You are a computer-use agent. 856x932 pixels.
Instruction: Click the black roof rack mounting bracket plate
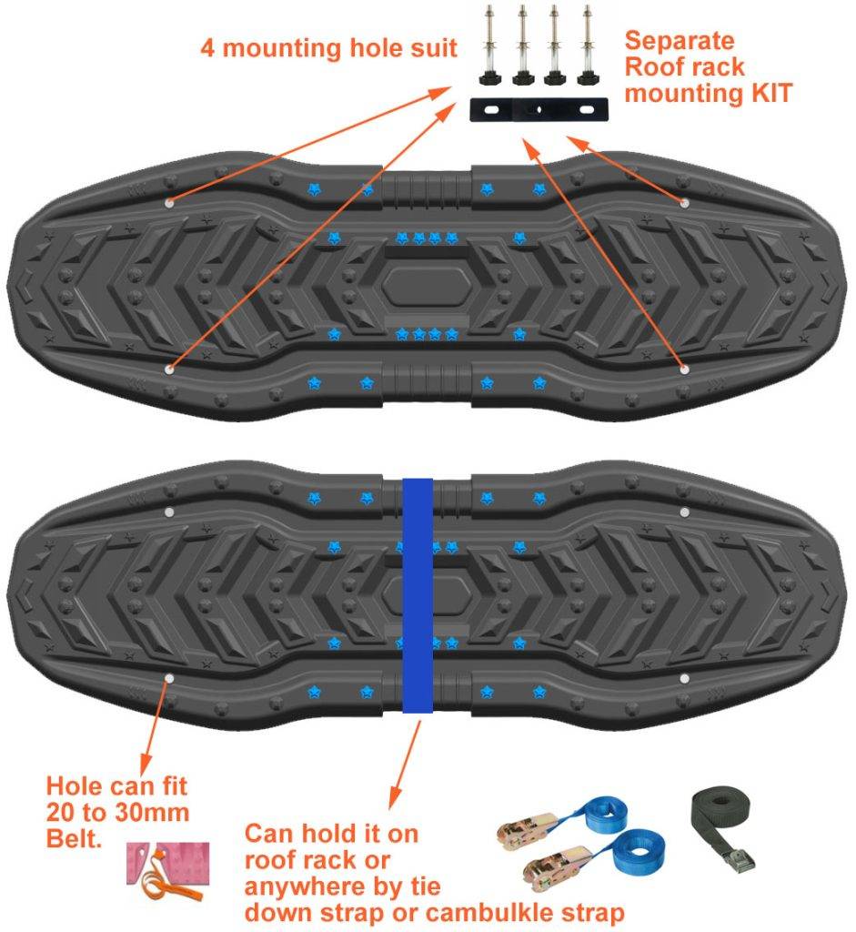(539, 110)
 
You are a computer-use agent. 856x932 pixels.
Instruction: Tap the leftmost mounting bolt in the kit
(490, 46)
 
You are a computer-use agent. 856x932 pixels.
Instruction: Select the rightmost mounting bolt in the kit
(588, 46)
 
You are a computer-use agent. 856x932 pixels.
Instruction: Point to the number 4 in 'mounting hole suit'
(207, 48)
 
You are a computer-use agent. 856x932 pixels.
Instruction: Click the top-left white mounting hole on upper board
(169, 203)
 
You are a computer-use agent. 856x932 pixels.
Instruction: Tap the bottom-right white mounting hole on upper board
(684, 370)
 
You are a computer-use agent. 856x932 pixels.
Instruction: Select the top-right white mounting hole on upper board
(684, 203)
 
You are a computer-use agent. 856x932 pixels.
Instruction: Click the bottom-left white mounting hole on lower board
(169, 678)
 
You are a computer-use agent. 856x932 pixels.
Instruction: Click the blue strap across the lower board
(418, 595)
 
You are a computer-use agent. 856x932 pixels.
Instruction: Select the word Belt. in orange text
(75, 838)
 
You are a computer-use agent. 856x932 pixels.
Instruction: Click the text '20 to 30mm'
(117, 813)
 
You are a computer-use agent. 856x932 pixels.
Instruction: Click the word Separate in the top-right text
(680, 41)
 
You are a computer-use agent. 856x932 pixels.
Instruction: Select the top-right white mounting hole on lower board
(684, 512)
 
